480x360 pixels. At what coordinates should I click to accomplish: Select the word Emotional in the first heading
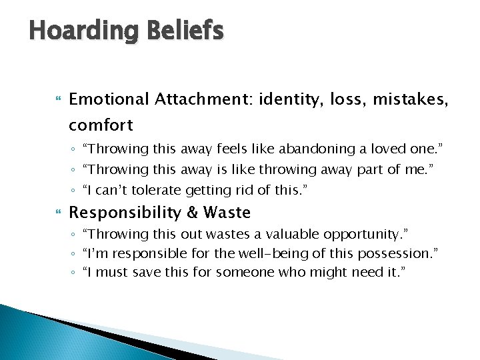click(109, 99)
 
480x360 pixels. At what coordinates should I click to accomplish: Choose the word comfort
click(101, 125)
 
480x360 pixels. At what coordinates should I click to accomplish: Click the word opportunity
click(371, 234)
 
